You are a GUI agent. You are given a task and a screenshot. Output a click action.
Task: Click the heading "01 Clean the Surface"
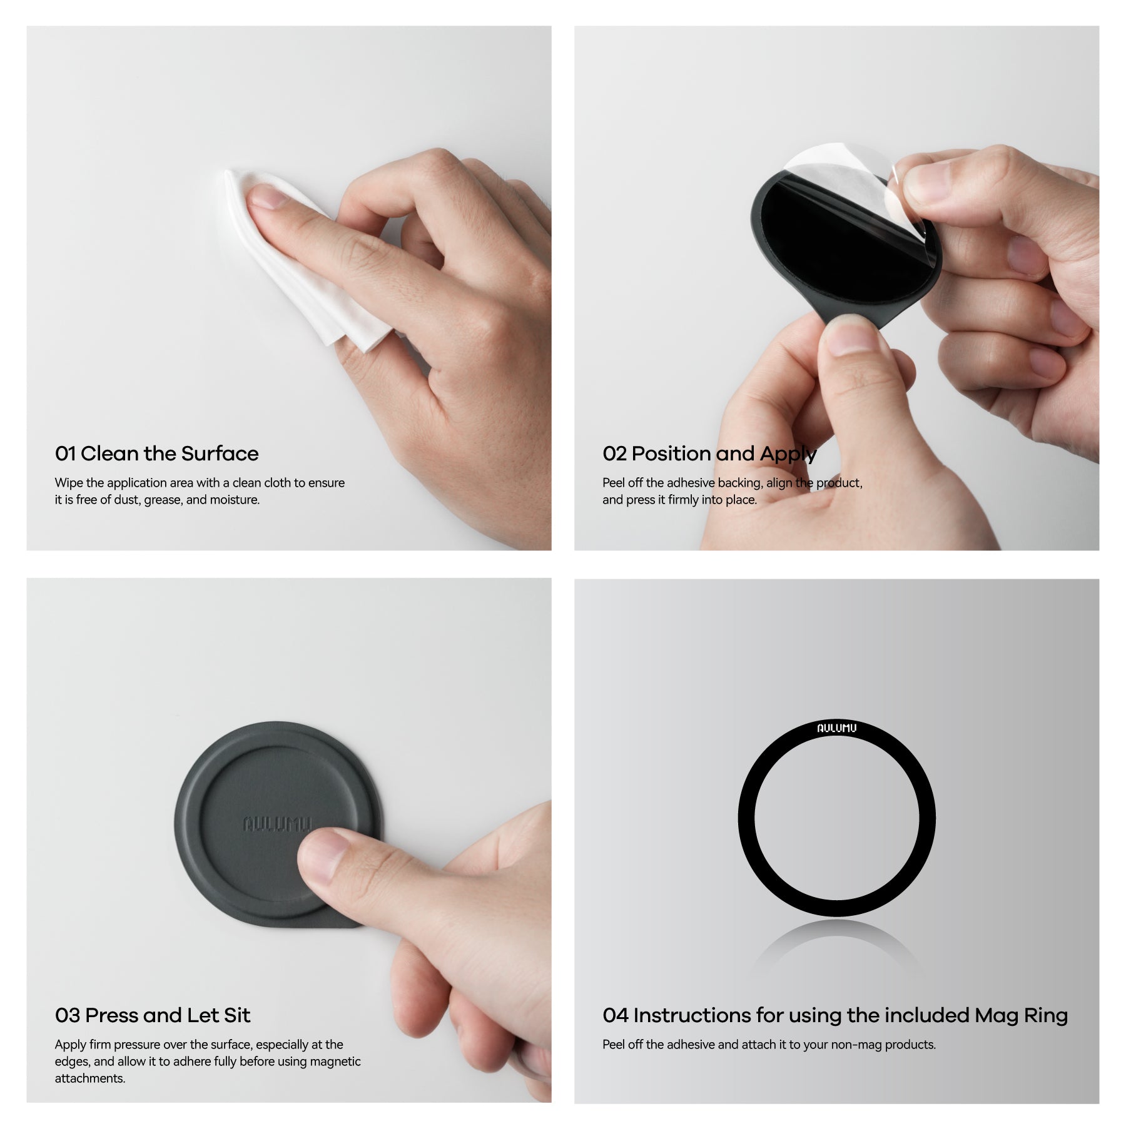pyautogui.click(x=156, y=454)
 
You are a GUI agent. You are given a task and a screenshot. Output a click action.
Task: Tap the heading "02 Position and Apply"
pyautogui.click(x=709, y=454)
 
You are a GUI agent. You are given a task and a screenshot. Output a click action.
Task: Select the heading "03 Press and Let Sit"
pyautogui.click(x=153, y=1015)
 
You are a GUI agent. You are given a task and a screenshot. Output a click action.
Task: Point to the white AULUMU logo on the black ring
pyautogui.click(x=836, y=728)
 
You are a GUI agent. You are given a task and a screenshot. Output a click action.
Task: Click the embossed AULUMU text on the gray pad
pyautogui.click(x=276, y=824)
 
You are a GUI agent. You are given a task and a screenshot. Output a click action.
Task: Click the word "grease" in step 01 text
pyautogui.click(x=163, y=500)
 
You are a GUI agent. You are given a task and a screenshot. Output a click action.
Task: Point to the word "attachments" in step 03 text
pyautogui.click(x=89, y=1078)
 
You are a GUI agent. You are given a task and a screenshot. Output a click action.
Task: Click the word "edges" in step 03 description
pyautogui.click(x=72, y=1062)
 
